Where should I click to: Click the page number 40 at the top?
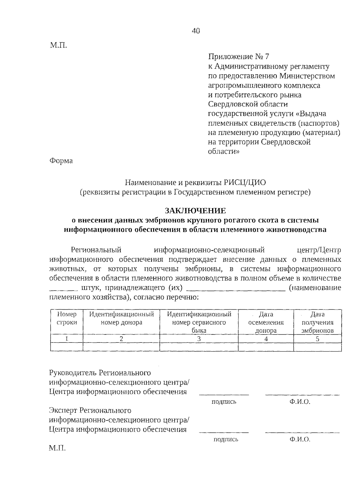[x=195, y=31]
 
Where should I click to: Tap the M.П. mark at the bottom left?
[x=57, y=448]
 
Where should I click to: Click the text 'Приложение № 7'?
[x=238, y=57]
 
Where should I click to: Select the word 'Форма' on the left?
[x=61, y=161]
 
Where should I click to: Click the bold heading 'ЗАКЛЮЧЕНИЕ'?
[x=195, y=210]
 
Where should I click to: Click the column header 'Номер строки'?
[x=67, y=318]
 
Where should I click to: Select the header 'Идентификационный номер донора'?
[x=121, y=318]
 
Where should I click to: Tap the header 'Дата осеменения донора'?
[x=266, y=322]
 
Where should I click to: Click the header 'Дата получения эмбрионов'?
[x=317, y=322]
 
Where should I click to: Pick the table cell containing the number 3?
[x=199, y=339]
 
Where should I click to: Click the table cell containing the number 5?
[x=317, y=339]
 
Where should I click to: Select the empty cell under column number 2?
[x=121, y=347]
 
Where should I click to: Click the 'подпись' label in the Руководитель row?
[x=224, y=402]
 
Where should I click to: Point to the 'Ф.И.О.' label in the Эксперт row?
[x=300, y=439]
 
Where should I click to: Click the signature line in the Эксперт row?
[x=224, y=432]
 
